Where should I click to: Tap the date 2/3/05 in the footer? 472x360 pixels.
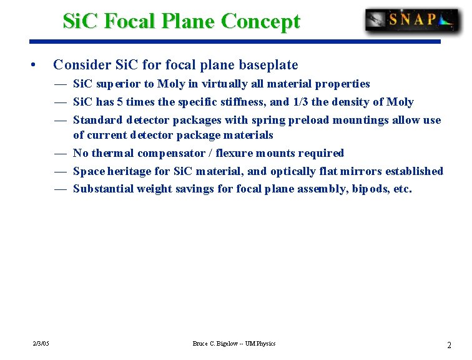click(x=42, y=344)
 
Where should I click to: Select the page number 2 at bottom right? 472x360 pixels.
click(x=449, y=345)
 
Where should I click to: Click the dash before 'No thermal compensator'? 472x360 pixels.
click(x=61, y=153)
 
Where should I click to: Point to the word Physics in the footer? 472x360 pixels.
click(x=265, y=344)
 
